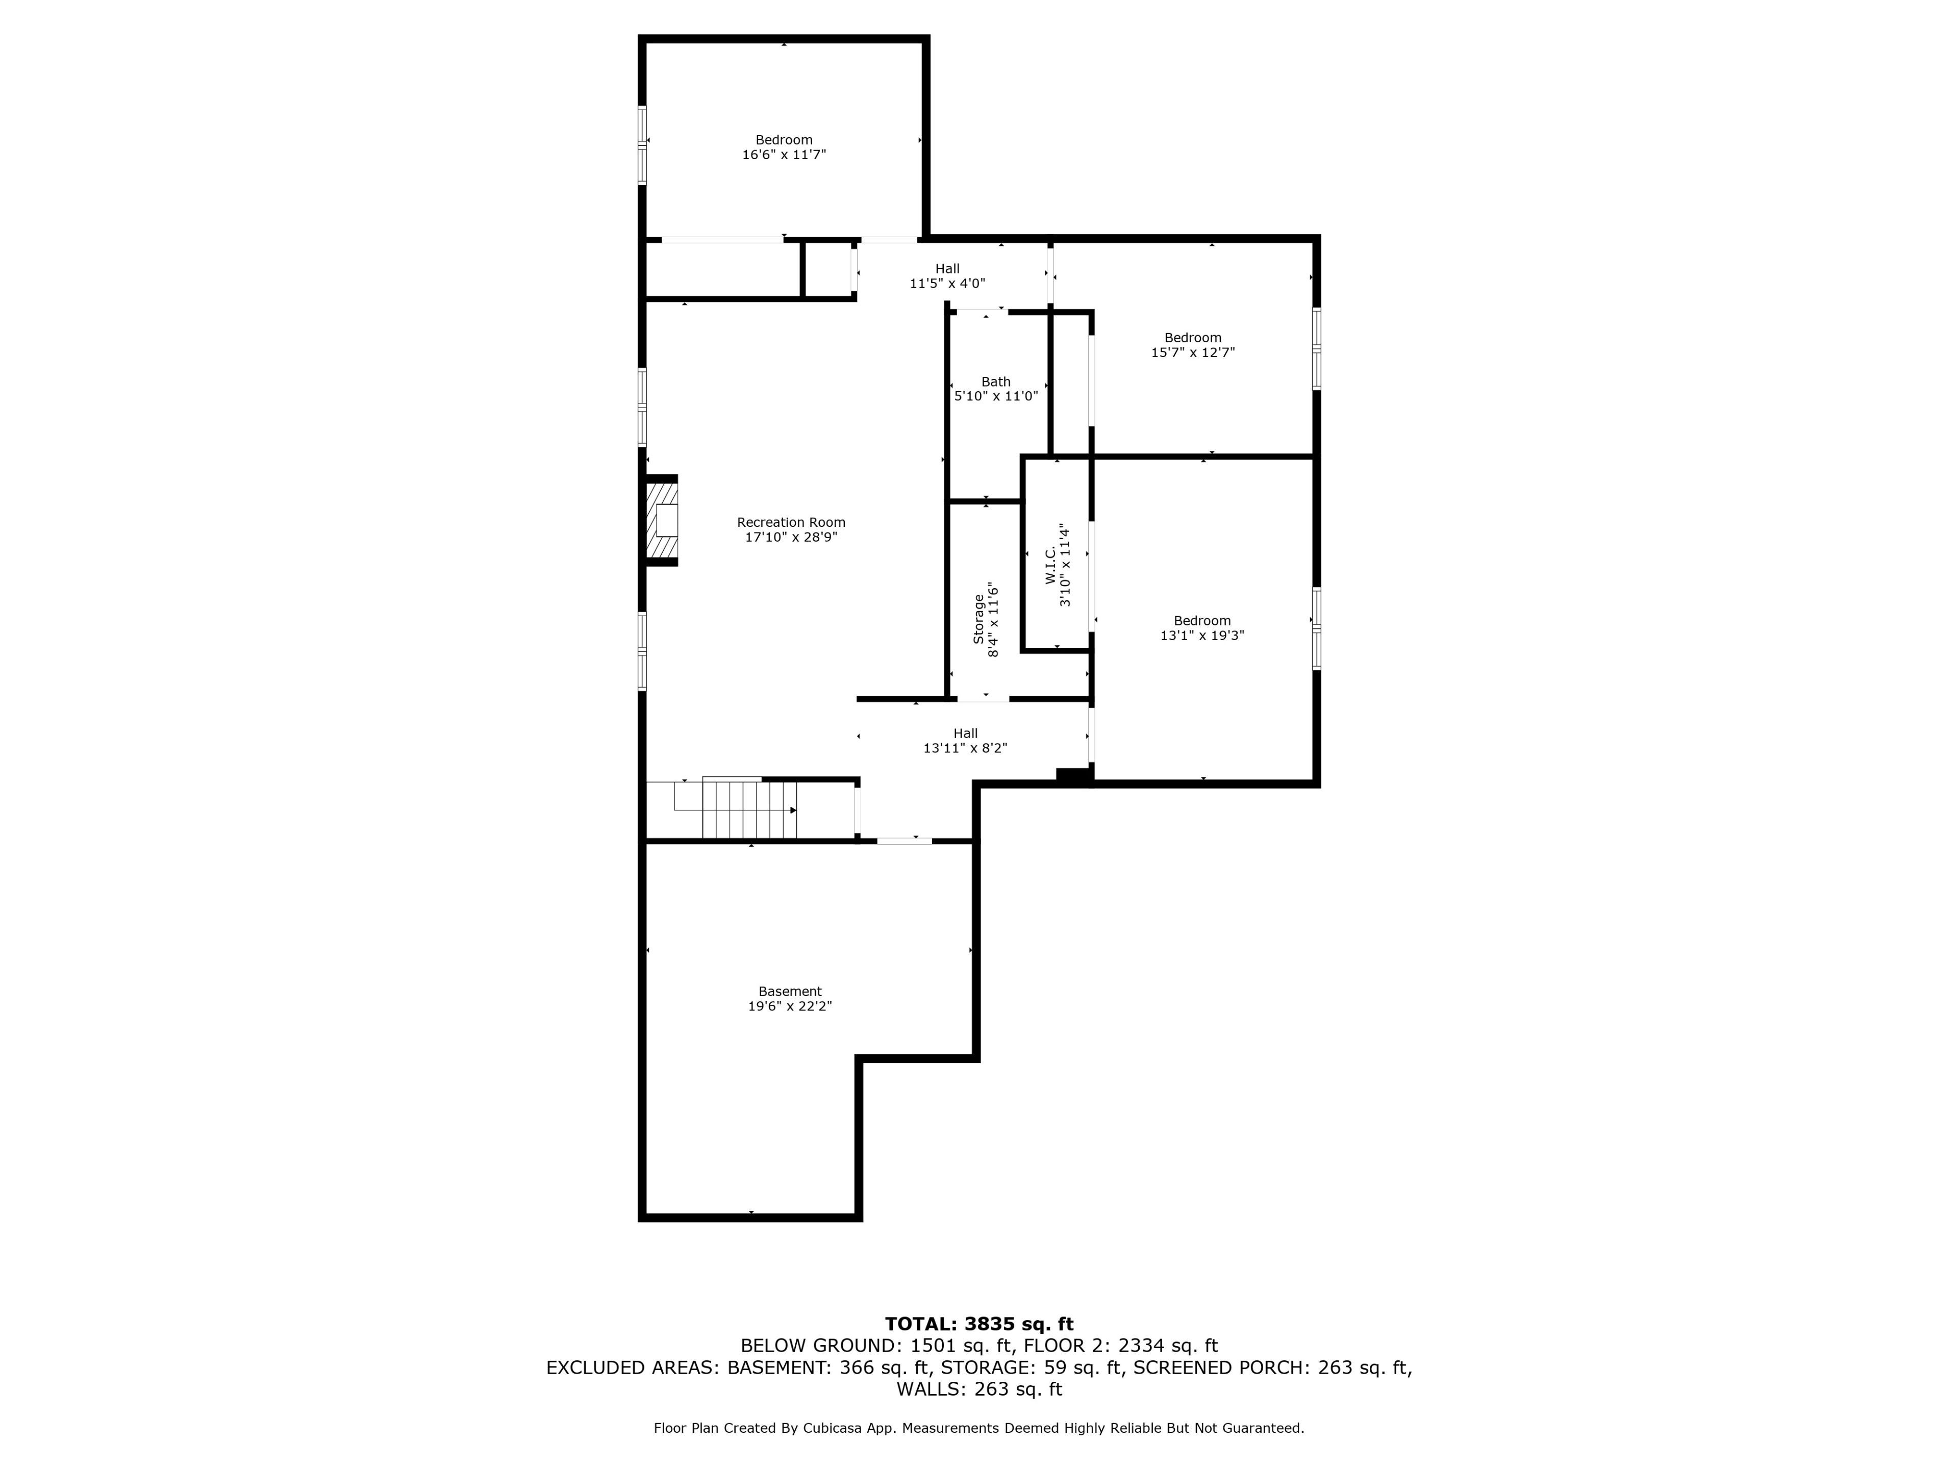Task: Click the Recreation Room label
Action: (x=791, y=522)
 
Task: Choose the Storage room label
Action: (x=978, y=618)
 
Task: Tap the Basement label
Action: (x=790, y=992)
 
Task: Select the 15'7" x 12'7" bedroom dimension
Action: (x=1193, y=352)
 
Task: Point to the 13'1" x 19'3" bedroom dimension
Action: (x=1202, y=636)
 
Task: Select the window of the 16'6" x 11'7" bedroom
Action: (x=642, y=145)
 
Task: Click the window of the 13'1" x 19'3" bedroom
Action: (x=1317, y=628)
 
